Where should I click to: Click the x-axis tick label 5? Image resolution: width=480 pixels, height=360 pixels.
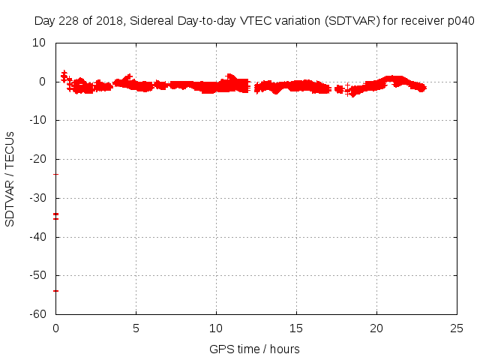point(136,328)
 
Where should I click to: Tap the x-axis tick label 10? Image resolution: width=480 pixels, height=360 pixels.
point(216,328)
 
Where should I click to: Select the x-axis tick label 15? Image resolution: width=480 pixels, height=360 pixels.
point(296,328)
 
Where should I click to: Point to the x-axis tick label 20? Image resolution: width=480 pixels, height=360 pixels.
point(376,328)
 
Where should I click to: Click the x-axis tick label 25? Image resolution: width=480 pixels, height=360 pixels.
point(457,328)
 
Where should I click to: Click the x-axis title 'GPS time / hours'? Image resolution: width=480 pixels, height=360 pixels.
point(255,349)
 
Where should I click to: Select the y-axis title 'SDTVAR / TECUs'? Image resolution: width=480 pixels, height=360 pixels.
point(10,179)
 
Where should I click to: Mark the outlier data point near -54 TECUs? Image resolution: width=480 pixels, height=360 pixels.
point(55,291)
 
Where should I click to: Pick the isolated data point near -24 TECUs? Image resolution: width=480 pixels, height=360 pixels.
point(55,175)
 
